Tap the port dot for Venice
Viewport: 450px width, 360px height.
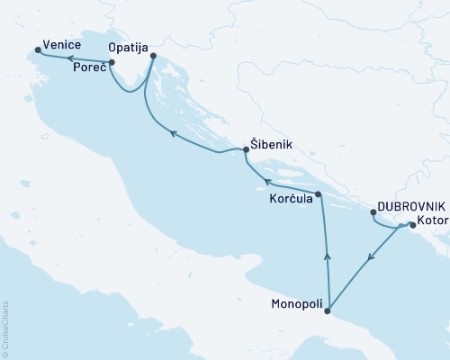(x=37, y=50)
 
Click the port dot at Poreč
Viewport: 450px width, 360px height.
(x=111, y=63)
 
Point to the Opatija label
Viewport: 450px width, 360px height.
(x=127, y=45)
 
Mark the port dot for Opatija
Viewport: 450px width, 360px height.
(x=153, y=57)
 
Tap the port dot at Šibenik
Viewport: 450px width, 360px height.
(x=246, y=149)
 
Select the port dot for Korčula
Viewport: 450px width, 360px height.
(x=319, y=193)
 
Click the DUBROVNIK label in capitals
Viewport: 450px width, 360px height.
(x=410, y=206)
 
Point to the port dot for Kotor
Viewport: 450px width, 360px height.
(x=411, y=225)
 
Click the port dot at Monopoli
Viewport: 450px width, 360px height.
(x=328, y=312)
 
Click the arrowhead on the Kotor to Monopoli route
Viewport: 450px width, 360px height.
(x=370, y=260)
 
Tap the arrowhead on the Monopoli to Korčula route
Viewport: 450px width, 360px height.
(x=326, y=257)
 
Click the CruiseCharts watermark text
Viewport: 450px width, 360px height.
(x=5, y=329)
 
